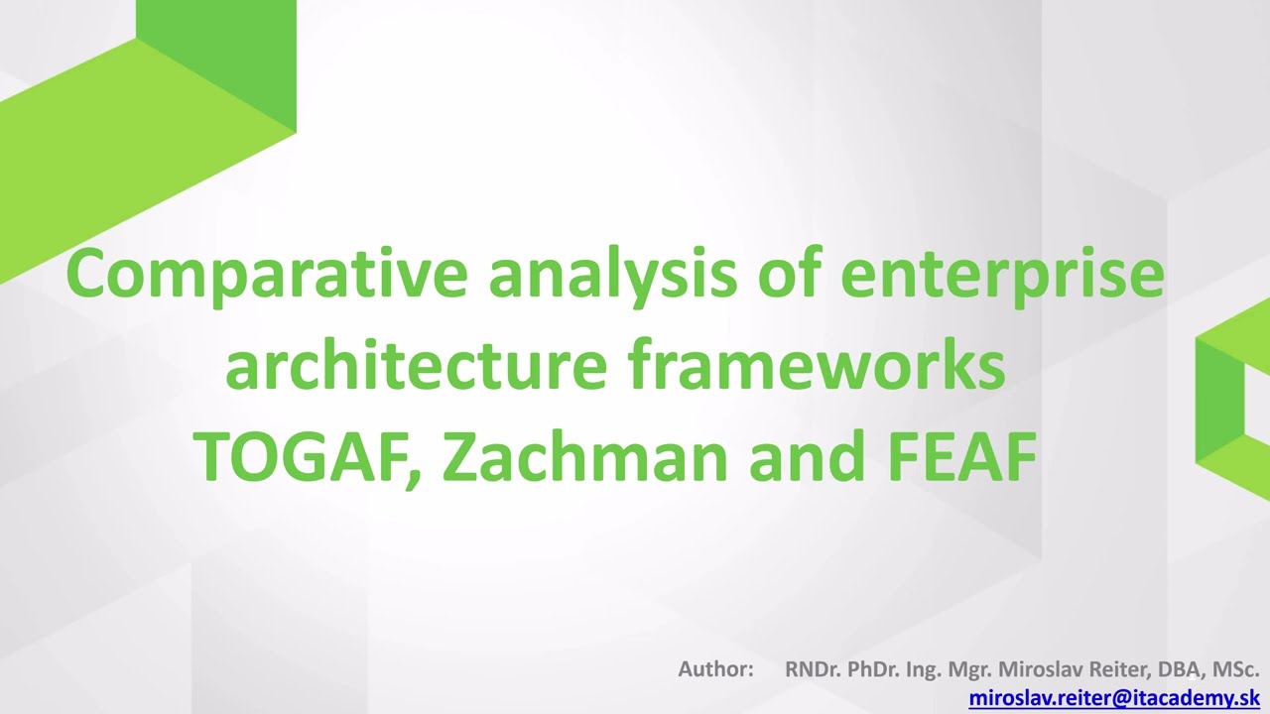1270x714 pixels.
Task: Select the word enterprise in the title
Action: click(1001, 275)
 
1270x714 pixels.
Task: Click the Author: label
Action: click(715, 669)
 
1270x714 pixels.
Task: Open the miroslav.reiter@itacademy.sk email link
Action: click(1114, 698)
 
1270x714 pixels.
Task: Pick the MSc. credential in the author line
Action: click(1236, 669)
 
